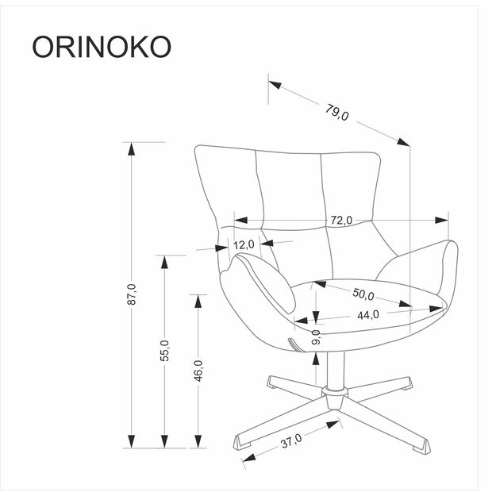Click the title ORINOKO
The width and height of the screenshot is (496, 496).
(x=102, y=47)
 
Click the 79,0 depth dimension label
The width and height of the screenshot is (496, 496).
(x=336, y=112)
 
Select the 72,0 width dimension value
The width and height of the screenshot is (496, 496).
(x=341, y=221)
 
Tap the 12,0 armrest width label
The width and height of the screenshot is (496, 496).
(x=244, y=244)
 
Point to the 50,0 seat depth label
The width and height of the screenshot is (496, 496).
(x=363, y=294)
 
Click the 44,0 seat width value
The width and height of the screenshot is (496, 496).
(x=367, y=314)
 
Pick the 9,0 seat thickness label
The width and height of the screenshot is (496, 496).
(x=316, y=337)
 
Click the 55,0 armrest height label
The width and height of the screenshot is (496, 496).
(x=164, y=350)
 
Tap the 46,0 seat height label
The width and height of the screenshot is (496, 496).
(x=198, y=370)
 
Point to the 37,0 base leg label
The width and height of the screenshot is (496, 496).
(x=291, y=440)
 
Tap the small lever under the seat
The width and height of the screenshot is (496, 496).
(x=294, y=346)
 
